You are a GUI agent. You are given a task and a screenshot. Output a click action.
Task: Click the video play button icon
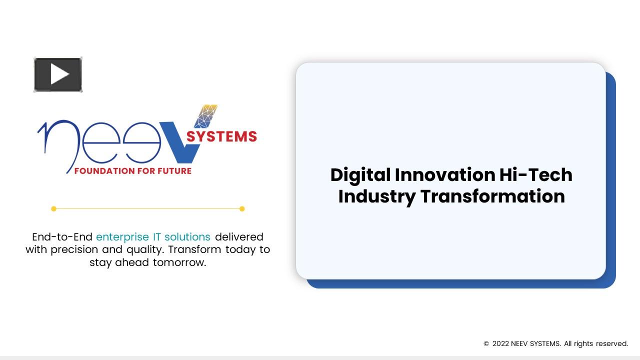[58, 75]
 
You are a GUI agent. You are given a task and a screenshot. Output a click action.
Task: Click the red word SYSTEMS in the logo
[221, 136]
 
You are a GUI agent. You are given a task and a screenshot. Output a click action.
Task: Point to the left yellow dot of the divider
[53, 209]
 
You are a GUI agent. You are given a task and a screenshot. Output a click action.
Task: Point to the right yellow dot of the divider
[242, 209]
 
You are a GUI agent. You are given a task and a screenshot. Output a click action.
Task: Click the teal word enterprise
[122, 237]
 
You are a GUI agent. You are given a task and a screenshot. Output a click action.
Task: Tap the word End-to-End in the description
[62, 237]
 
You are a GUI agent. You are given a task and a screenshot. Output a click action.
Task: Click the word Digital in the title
[360, 175]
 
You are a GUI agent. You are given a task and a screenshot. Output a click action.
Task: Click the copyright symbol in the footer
[486, 344]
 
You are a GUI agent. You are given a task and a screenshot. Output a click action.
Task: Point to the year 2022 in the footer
[500, 344]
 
